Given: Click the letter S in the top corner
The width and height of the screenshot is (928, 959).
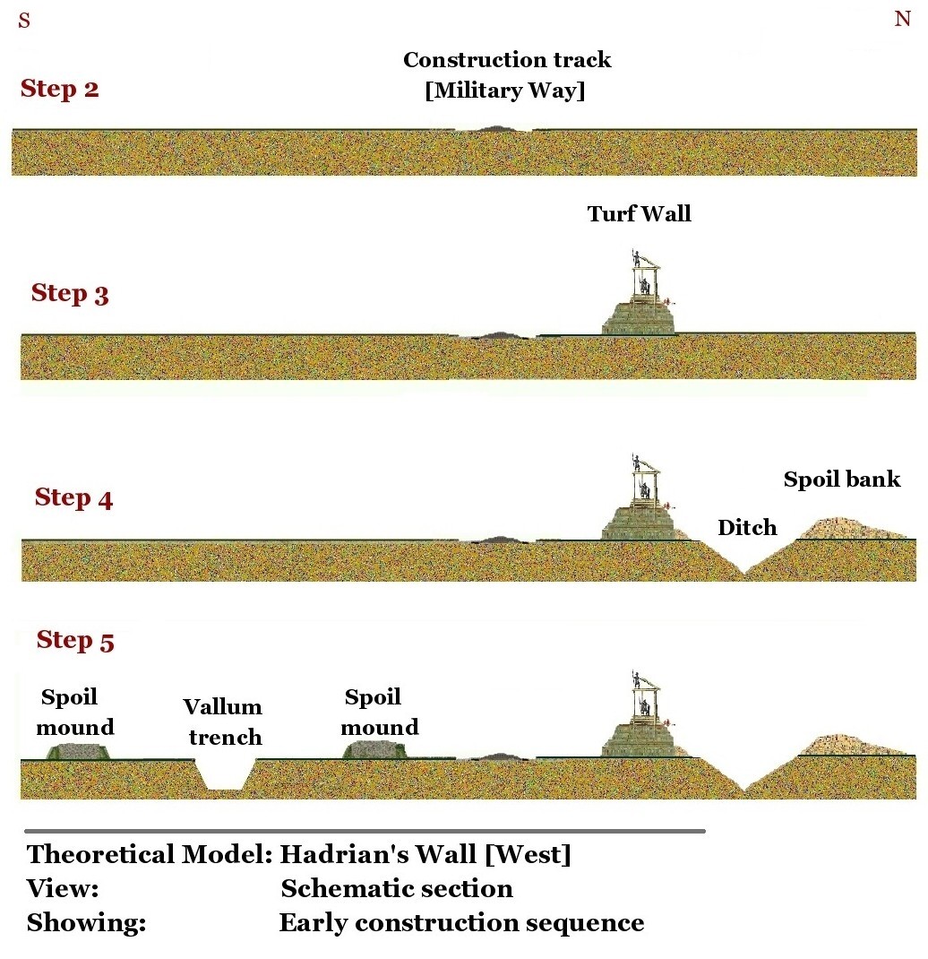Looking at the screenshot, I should (24, 21).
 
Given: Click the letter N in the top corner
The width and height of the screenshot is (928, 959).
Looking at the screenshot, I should (902, 19).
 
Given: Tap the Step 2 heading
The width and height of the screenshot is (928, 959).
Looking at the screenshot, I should (60, 89).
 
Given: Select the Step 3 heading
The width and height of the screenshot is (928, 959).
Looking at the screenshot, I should (70, 293).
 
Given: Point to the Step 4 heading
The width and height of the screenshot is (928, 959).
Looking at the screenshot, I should (73, 497).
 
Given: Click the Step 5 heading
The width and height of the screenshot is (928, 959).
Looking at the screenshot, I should (75, 640).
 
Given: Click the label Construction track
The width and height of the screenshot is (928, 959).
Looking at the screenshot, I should (507, 60).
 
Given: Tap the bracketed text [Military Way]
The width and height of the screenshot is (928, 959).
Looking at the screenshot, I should (505, 91).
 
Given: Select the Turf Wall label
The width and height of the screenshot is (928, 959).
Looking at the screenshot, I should (640, 213).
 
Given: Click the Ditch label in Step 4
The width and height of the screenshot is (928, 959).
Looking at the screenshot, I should (747, 527).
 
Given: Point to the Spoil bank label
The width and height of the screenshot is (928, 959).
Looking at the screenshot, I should (842, 479).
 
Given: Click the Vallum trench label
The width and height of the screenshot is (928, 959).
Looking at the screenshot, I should (223, 722).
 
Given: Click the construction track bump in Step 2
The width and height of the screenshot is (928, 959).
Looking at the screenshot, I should (494, 129).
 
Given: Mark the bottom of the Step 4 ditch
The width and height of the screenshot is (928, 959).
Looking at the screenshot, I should (743, 573).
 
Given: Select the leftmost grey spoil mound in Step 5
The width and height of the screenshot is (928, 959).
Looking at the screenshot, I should (80, 751).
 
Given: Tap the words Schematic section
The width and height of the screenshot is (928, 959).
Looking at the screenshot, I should (397, 888).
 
